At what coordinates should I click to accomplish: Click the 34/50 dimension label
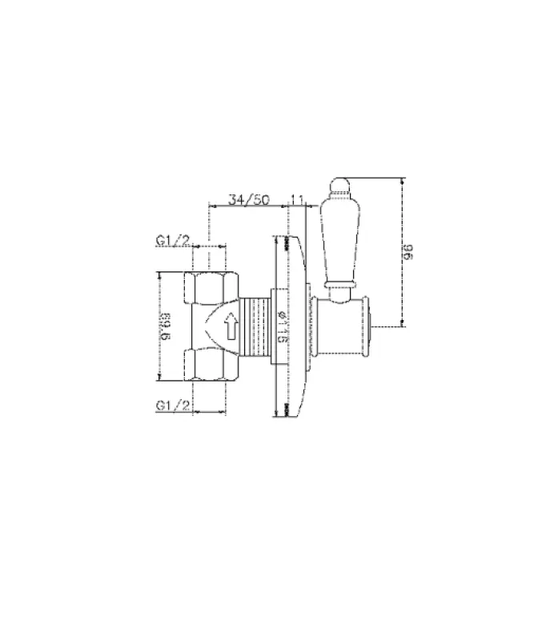tap(247, 199)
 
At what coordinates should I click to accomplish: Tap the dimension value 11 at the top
tap(297, 199)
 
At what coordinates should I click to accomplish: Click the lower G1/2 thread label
tap(173, 406)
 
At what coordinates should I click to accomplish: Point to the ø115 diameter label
tap(281, 327)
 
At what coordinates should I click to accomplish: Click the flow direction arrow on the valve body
tap(231, 326)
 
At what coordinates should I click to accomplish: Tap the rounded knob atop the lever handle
tap(336, 189)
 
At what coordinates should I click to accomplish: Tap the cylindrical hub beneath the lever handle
tap(340, 325)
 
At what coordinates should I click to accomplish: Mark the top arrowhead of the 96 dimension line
tap(403, 180)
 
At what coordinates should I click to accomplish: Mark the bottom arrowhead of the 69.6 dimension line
tap(159, 379)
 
